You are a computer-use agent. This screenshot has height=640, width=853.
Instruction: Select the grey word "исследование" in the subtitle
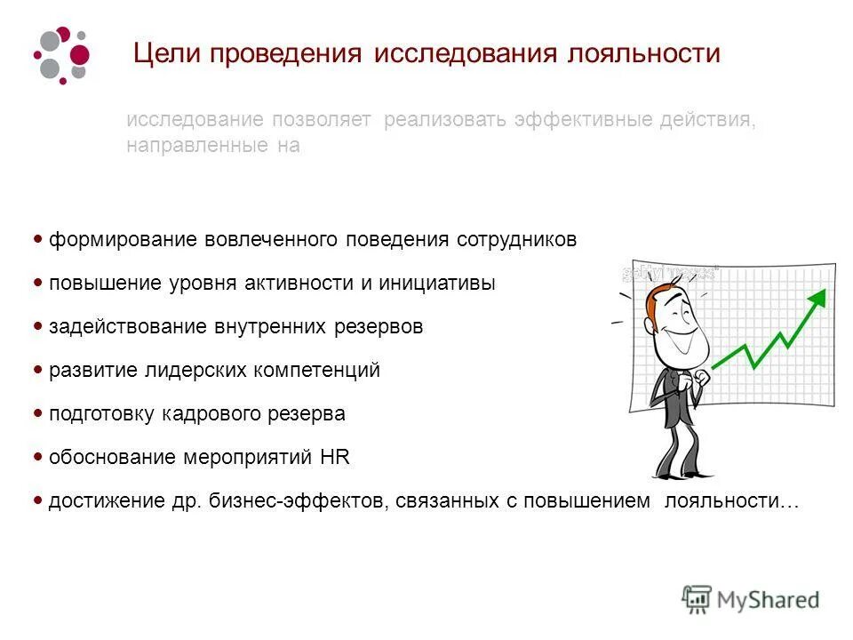pos(195,120)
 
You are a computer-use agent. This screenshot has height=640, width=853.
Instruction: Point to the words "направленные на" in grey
pos(212,146)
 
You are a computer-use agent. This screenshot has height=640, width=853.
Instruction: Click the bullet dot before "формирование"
pos(38,239)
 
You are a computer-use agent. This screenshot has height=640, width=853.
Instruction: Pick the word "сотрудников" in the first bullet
pos(516,240)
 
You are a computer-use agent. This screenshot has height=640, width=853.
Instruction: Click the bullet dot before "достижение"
pos(38,500)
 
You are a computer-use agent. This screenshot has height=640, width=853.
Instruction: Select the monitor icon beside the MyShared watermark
pos(697,599)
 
